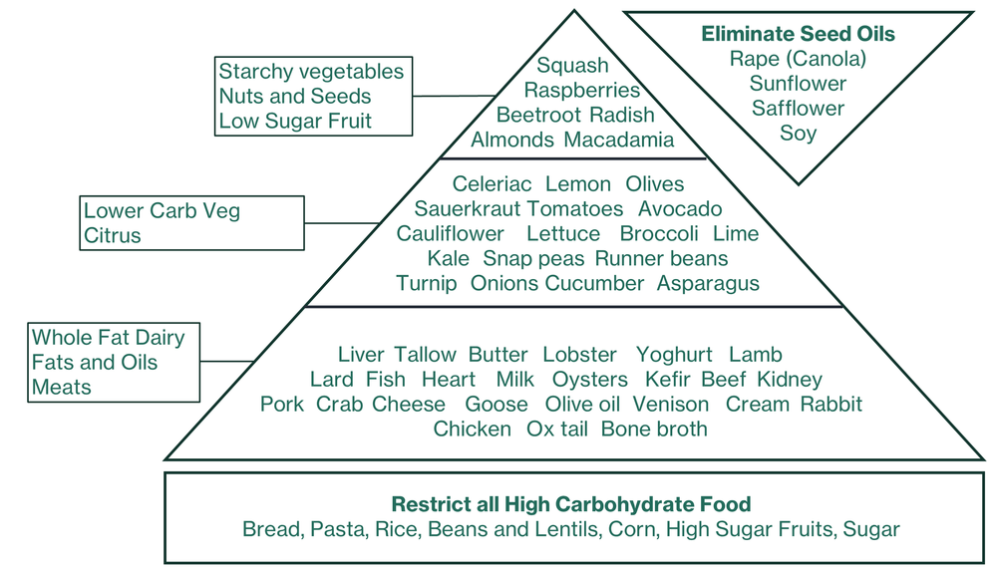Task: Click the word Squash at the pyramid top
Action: pyautogui.click(x=572, y=66)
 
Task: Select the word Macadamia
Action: pyautogui.click(x=618, y=141)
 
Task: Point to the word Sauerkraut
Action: pyautogui.click(x=467, y=209)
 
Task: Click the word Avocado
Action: pyautogui.click(x=680, y=209)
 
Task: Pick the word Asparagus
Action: pyautogui.click(x=708, y=284)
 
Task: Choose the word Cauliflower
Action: pyautogui.click(x=450, y=234)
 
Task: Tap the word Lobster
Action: pyautogui.click(x=579, y=355)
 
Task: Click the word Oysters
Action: pyautogui.click(x=590, y=380)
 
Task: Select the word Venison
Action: pyautogui.click(x=671, y=405)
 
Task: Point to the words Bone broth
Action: pyautogui.click(x=654, y=430)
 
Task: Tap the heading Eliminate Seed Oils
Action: pyautogui.click(x=798, y=34)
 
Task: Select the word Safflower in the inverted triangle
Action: pyautogui.click(x=798, y=109)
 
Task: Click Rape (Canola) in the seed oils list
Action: pyautogui.click(x=798, y=59)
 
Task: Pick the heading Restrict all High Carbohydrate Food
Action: pyautogui.click(x=570, y=504)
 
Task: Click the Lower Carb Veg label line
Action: pyautogui.click(x=162, y=211)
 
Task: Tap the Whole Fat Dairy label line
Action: pyautogui.click(x=108, y=338)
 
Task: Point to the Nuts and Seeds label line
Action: pyautogui.click(x=295, y=97)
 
